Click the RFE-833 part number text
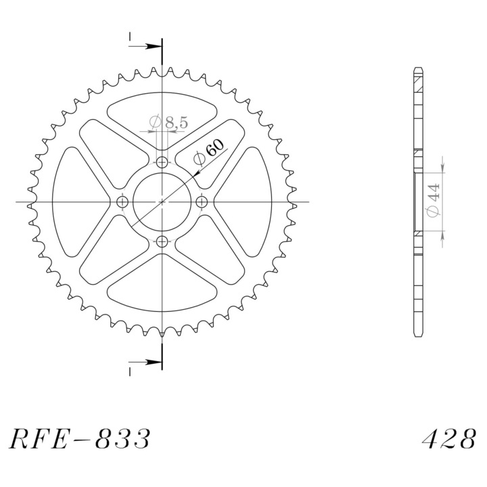coord(80,439)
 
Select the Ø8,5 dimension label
coord(168,122)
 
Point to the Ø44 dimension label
coord(434,200)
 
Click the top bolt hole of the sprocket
coord(162,162)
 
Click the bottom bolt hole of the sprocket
coord(162,241)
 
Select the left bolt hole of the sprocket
coord(122,202)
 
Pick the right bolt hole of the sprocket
coord(202,202)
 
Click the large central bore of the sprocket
coord(162,202)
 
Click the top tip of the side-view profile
coord(417,68)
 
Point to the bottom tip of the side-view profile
coord(417,336)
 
